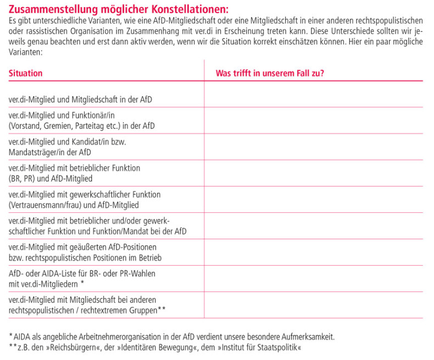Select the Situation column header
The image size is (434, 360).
pyautogui.click(x=26, y=73)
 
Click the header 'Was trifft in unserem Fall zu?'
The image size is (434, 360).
pyautogui.click(x=270, y=73)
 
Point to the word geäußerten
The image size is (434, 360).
pyautogui.click(x=93, y=247)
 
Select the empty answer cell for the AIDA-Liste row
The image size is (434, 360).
pyautogui.click(x=313, y=278)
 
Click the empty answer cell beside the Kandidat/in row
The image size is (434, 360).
pyautogui.click(x=313, y=147)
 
